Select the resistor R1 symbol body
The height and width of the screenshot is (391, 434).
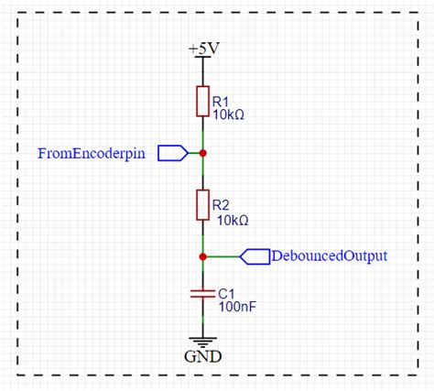[202, 101]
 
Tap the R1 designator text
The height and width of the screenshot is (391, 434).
[221, 102]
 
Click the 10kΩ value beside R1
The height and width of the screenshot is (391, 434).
[229, 115]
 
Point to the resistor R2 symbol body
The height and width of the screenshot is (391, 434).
[202, 205]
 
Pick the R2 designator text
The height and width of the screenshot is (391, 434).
[221, 205]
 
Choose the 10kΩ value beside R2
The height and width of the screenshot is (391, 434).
[230, 220]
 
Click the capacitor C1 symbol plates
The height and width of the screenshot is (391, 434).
[202, 295]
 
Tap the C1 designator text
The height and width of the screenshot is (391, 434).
[226, 292]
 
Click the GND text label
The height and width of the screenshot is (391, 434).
[203, 355]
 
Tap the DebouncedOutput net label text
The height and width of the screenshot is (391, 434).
[329, 256]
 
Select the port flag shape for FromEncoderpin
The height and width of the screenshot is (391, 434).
[172, 153]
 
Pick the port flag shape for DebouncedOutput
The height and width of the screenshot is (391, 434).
[254, 256]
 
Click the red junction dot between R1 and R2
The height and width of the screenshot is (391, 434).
[202, 153]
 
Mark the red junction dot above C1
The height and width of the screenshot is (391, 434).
[202, 256]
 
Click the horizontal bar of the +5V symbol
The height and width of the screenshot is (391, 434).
[202, 58]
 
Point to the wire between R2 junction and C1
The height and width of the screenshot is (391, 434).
[202, 273]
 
